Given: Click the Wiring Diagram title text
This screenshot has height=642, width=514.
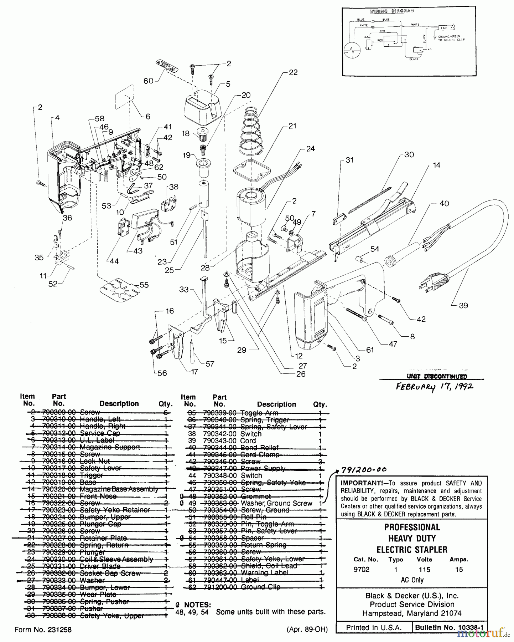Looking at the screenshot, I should pyautogui.click(x=391, y=11).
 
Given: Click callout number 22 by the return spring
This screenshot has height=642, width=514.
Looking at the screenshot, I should pyautogui.click(x=293, y=72).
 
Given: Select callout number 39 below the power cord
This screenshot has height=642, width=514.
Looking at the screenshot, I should pyautogui.click(x=463, y=305).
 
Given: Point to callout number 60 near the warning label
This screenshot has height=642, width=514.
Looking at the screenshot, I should pyautogui.click(x=148, y=81).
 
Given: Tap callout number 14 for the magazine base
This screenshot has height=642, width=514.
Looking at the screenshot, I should pyautogui.click(x=436, y=165).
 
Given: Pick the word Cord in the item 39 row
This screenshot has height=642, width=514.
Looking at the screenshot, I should pyautogui.click(x=248, y=441).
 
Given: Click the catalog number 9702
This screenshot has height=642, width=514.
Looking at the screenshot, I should pyautogui.click(x=361, y=570).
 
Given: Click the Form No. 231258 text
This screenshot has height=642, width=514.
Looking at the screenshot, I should pyautogui.click(x=43, y=630).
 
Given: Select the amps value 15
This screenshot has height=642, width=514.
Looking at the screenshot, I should pyautogui.click(x=459, y=570).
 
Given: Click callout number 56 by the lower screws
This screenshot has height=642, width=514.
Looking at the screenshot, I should pyautogui.click(x=162, y=373).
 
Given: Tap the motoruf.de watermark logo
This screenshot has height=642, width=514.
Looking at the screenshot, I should pyautogui.click(x=484, y=633).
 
